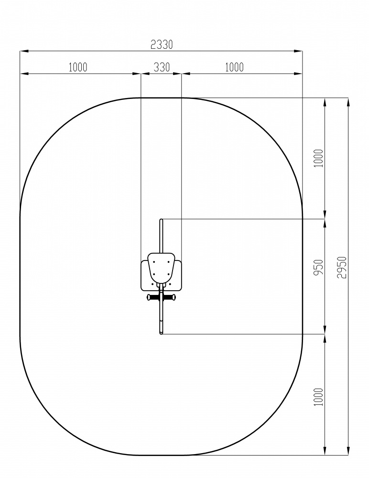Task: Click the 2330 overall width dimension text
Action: point(162,44)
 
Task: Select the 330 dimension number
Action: point(162,67)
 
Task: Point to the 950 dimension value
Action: point(318,267)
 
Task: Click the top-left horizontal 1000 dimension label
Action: point(78,67)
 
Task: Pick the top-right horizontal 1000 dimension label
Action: point(234,67)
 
